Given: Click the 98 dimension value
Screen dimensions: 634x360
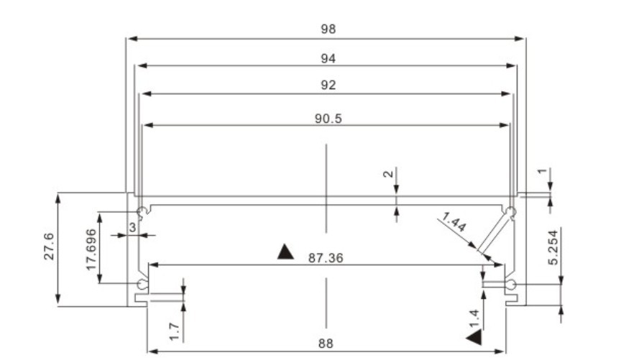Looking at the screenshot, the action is coord(328,29).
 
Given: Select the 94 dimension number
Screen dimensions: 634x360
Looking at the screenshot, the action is coord(328,59).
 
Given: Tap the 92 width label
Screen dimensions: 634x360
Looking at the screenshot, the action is coord(328,86).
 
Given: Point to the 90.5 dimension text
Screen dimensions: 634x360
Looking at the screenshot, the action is coord(328,119).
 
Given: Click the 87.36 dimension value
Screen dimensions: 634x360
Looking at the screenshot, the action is coord(326,258).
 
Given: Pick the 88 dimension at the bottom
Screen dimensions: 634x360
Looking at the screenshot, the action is coord(326,343).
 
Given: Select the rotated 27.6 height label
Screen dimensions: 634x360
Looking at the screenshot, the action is coord(49,246).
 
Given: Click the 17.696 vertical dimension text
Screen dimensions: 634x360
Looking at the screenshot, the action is coord(91,249).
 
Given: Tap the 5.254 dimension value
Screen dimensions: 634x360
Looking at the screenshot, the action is coord(553,247).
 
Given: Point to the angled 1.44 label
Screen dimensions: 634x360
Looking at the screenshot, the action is coord(454,222).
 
